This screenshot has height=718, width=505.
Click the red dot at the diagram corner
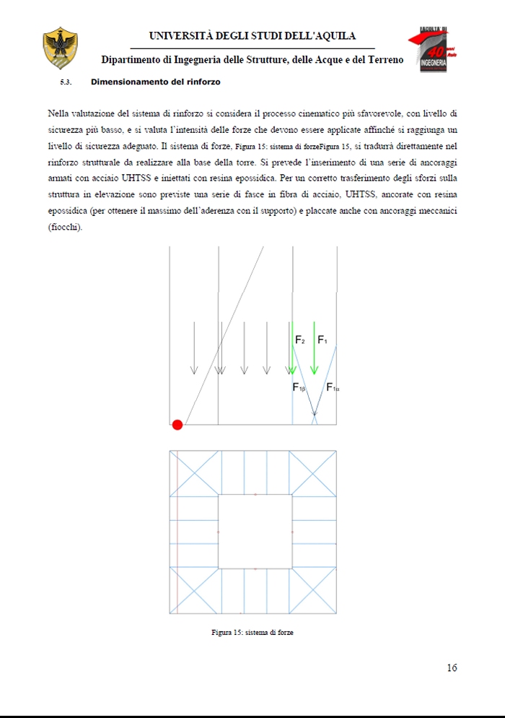(177, 424)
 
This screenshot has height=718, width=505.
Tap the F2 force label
(300, 339)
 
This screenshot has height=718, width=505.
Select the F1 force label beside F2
(322, 339)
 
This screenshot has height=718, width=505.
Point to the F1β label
(299, 388)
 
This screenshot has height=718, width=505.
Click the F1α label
(333, 388)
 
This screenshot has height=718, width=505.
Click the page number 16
(452, 667)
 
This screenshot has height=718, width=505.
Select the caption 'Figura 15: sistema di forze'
(252, 633)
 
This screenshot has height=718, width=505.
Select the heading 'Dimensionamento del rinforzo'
(155, 82)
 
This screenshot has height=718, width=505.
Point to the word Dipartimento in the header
(134, 59)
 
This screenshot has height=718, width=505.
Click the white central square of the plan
(255, 532)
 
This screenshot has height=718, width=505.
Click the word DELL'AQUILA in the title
(320, 36)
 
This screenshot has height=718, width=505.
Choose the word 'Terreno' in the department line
(385, 59)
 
